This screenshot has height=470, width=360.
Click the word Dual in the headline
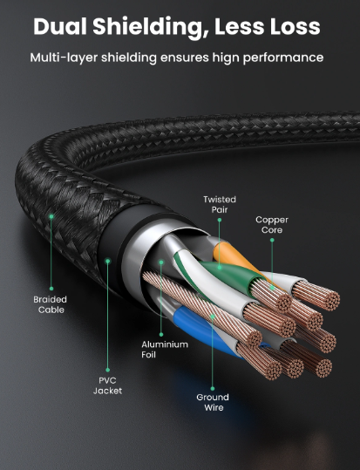coord(59,26)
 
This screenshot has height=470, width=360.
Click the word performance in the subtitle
coord(283,58)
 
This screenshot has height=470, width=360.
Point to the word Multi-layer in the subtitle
coord(64,58)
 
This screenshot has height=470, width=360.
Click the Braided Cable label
coord(51,304)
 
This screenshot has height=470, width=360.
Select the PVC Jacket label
coord(107,385)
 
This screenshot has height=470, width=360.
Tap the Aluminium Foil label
coord(165,350)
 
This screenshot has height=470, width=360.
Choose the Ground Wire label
coord(213,402)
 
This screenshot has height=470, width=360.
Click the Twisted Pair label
coord(220,204)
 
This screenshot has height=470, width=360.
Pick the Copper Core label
coord(272,225)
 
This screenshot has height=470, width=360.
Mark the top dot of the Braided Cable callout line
coord(51,216)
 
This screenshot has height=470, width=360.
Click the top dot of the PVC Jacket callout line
coord(107,262)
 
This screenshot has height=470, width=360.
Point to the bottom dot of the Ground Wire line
coord(213,389)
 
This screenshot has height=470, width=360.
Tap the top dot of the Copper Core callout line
coord(272,240)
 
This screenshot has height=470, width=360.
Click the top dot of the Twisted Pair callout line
coord(220,220)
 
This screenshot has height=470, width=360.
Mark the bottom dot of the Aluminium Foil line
coord(161,335)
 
